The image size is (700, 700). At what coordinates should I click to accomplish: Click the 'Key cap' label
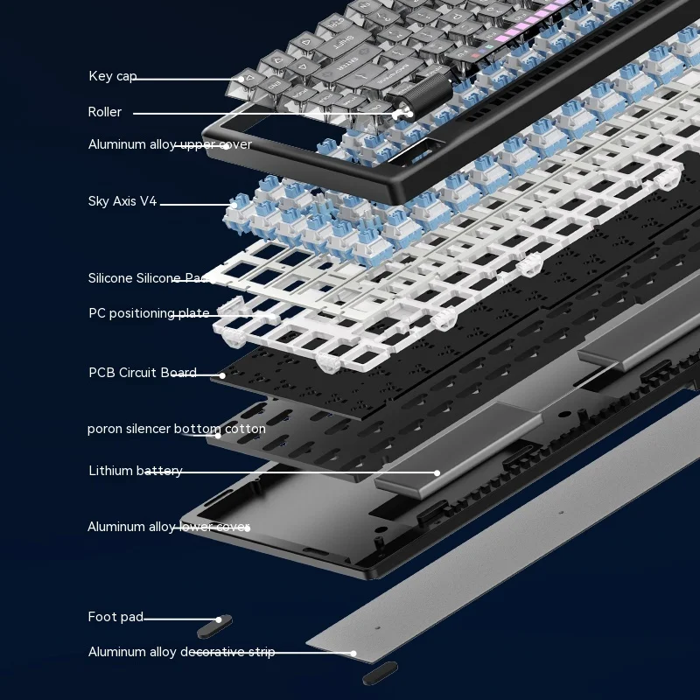click(113, 76)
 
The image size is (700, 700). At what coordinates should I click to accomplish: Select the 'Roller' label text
click(104, 112)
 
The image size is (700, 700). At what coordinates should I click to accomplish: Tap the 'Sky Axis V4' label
click(122, 201)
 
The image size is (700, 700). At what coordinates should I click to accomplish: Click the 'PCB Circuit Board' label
click(143, 373)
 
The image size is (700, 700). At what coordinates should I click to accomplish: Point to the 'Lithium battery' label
click(136, 471)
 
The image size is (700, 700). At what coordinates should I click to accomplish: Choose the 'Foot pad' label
click(115, 617)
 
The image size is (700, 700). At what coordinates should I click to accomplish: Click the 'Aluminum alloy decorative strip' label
click(181, 652)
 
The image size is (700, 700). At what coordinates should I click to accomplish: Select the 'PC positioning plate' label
click(149, 313)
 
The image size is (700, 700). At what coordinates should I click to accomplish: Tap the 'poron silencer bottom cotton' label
click(177, 429)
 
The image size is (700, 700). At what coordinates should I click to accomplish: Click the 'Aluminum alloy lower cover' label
click(168, 527)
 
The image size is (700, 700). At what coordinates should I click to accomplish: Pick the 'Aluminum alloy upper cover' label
click(170, 144)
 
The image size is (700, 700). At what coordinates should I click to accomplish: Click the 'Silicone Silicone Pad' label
click(149, 278)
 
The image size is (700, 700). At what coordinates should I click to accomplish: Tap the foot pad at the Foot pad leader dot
click(214, 626)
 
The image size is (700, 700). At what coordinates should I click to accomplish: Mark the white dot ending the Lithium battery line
click(437, 472)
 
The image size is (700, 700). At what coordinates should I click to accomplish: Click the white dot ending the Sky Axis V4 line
click(234, 205)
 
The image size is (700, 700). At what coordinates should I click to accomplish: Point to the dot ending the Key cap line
click(241, 80)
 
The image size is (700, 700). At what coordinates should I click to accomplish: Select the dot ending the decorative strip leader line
click(353, 653)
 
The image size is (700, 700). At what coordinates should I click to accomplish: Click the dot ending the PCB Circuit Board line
click(222, 375)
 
